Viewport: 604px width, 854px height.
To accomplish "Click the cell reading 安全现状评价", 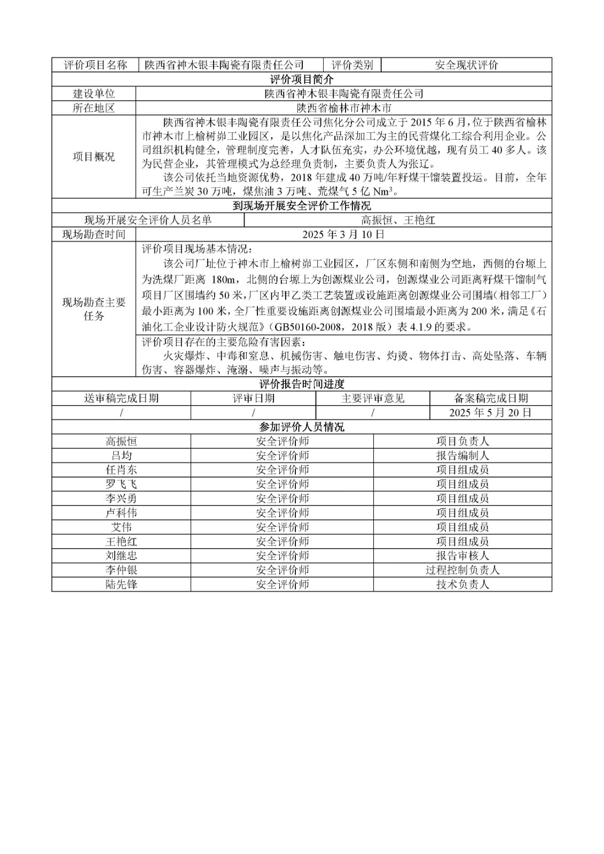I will [x=466, y=65].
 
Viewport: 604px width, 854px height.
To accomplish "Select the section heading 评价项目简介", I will [x=302, y=80].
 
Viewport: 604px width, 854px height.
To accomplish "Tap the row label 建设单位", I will [x=94, y=94].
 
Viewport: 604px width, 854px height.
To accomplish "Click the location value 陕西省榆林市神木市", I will [x=344, y=108].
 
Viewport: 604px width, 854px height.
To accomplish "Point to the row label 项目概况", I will [x=94, y=157].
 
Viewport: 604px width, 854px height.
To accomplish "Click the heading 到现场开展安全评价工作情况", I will [x=302, y=206].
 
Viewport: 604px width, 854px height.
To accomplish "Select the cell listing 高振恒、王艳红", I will [x=398, y=220].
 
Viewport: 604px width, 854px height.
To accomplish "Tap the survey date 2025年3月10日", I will [x=344, y=234].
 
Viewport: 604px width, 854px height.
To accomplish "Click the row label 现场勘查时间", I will [x=94, y=234].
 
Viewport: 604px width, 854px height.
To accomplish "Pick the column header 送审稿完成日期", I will [x=121, y=398].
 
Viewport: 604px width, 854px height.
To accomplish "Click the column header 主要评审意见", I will [x=373, y=398].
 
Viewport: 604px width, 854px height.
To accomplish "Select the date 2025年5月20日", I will [x=490, y=413].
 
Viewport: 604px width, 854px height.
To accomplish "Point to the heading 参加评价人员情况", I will [x=302, y=427].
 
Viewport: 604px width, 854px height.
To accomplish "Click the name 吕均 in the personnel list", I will [x=121, y=456].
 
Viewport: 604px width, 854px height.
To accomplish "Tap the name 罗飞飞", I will [x=121, y=484].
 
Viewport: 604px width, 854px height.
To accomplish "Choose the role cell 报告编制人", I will [x=462, y=456].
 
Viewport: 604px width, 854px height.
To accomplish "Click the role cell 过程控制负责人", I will [x=462, y=570].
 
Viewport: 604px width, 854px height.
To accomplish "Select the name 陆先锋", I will [x=121, y=584].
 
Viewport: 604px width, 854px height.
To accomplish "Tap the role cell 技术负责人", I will [x=462, y=584].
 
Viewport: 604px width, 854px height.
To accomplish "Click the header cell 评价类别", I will [x=352, y=65].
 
